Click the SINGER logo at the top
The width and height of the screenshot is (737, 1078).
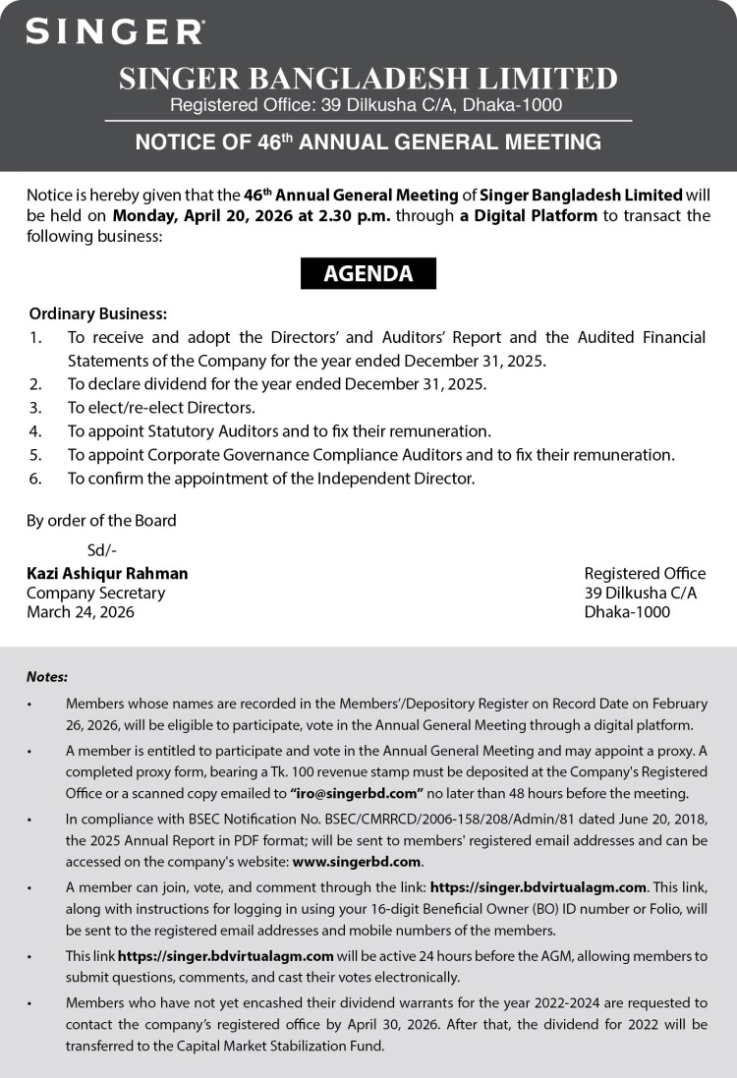(x=115, y=31)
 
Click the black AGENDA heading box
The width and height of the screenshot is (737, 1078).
(x=368, y=273)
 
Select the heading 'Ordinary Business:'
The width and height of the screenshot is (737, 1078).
(x=98, y=314)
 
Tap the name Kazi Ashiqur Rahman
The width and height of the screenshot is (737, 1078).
(x=107, y=573)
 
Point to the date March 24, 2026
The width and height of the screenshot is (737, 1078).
(x=81, y=611)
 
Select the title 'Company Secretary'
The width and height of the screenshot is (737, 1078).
(x=95, y=593)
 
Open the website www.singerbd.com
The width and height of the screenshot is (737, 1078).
(x=356, y=862)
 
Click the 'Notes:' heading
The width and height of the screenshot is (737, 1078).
(x=47, y=676)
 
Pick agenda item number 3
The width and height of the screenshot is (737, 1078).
(x=161, y=407)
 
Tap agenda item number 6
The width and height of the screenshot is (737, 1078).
(x=270, y=479)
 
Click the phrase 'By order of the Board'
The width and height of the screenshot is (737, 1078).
(x=101, y=520)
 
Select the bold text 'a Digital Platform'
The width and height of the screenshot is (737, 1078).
(x=528, y=215)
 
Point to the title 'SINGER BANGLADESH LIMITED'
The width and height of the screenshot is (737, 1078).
(x=368, y=79)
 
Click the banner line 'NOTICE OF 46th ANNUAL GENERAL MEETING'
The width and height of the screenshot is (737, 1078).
(x=368, y=142)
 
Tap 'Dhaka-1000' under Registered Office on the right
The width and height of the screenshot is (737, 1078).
(x=627, y=611)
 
